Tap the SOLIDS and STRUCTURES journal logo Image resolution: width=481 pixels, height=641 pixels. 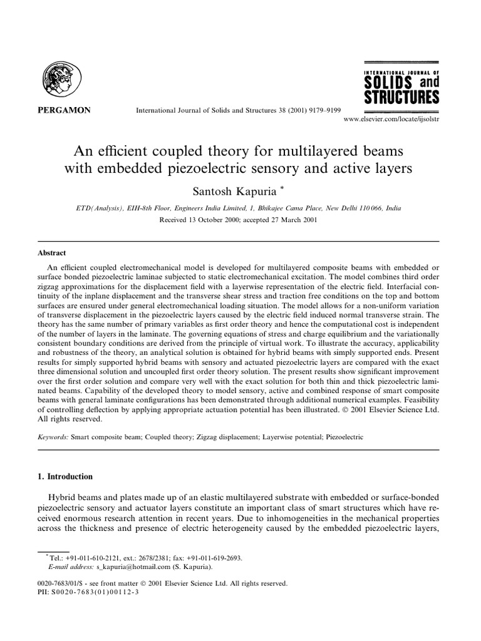(x=401, y=88)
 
